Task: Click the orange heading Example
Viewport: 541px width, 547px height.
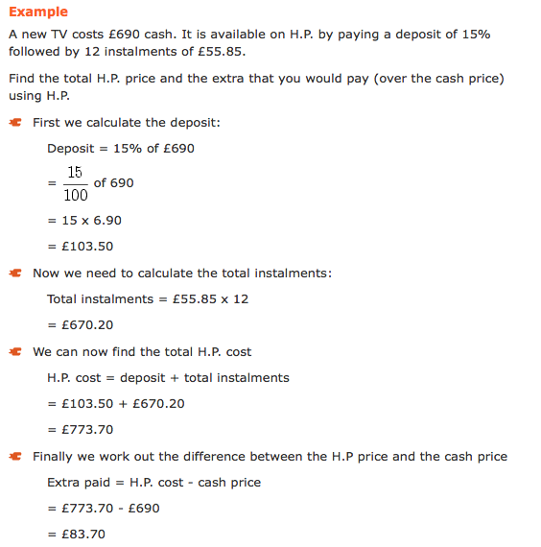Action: point(38,12)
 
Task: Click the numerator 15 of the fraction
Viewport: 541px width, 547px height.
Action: point(76,174)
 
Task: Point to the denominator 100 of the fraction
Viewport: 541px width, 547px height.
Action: point(76,195)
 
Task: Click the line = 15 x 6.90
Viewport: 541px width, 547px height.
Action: point(84,221)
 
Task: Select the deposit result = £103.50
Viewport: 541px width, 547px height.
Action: point(81,247)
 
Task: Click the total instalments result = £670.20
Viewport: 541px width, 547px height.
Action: point(81,325)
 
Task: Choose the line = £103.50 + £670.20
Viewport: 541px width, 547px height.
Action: point(116,404)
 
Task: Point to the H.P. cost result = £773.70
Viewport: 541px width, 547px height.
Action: point(81,430)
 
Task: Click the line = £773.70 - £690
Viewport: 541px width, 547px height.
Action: point(104,509)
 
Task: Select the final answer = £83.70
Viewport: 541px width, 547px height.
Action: point(77,535)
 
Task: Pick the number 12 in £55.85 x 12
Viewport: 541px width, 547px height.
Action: point(240,299)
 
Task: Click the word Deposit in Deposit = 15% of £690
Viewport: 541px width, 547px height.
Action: point(71,149)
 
